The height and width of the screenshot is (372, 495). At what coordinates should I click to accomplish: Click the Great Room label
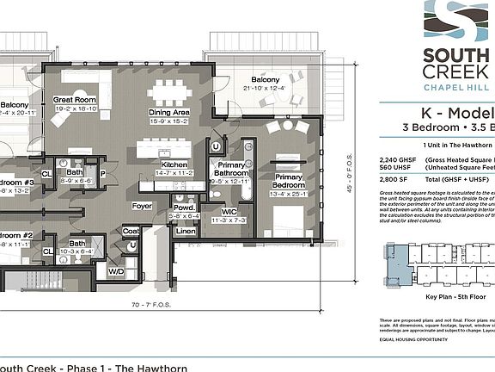tap(74, 100)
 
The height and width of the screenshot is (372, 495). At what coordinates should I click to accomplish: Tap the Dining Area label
tap(168, 112)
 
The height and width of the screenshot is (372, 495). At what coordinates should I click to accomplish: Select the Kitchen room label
tap(174, 164)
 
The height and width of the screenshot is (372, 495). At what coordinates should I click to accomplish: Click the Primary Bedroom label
tap(290, 181)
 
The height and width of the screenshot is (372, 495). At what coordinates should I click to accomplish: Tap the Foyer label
tap(142, 206)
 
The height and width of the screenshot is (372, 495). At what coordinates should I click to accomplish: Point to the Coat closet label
tap(131, 230)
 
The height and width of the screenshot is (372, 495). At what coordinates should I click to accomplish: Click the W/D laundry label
tap(115, 271)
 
